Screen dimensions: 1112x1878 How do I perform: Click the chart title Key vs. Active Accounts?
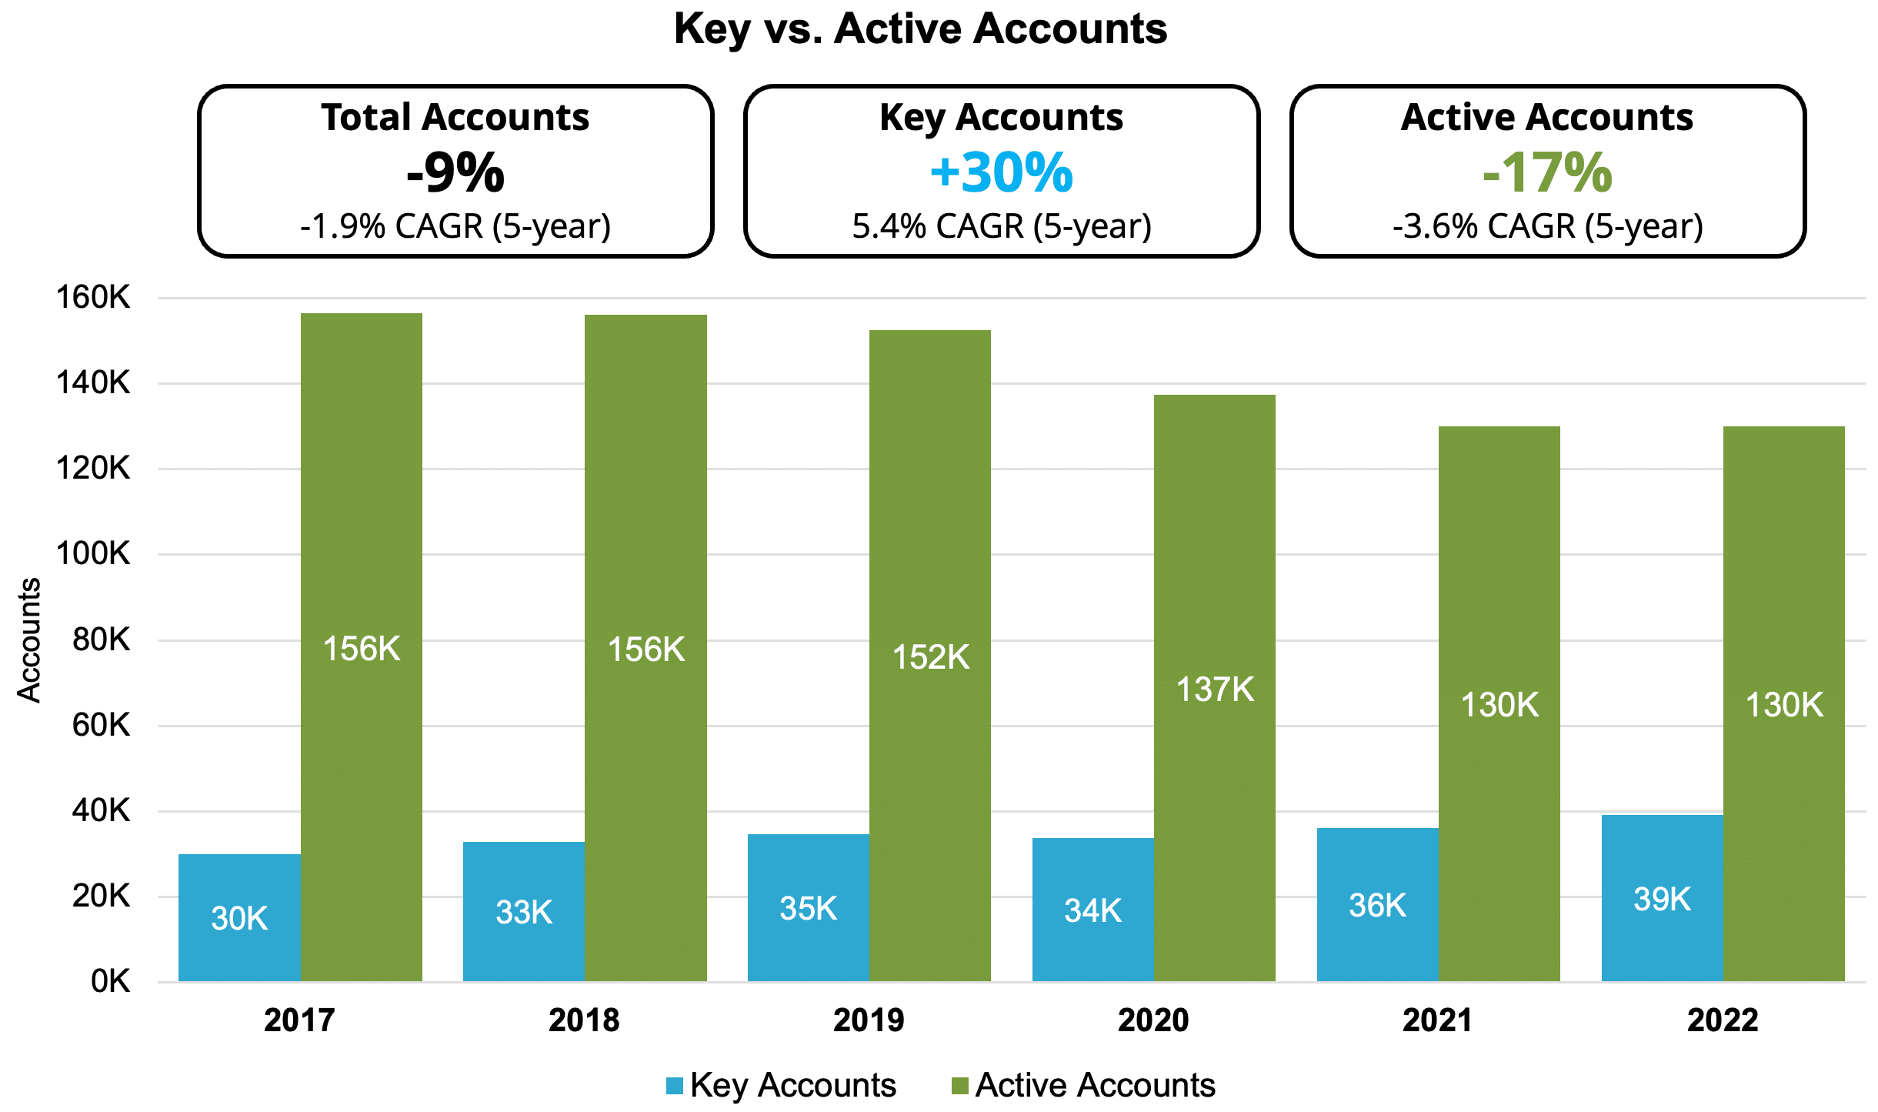point(920,29)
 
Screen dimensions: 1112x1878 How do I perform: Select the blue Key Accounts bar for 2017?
point(239,885)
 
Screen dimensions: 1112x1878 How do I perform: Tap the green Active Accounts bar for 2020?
point(1214,539)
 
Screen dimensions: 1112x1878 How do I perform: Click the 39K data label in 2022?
point(1662,899)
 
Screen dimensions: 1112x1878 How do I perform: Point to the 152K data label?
point(930,657)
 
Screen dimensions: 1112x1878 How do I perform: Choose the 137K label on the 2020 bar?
point(1215,690)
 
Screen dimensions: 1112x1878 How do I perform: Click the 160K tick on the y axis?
point(93,298)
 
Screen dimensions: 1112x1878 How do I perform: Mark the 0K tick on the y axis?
point(110,981)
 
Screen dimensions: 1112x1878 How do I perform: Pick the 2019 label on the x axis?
point(869,1020)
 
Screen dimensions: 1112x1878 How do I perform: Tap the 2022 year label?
point(1723,1020)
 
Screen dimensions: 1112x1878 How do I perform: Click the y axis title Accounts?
point(29,640)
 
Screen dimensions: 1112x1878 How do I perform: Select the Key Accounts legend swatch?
point(675,1086)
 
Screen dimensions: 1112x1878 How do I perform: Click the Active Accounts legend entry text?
point(1095,1085)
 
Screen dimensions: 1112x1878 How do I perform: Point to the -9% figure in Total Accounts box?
point(455,172)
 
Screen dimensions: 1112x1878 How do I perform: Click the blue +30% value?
point(1001,172)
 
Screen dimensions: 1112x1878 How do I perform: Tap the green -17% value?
point(1547,172)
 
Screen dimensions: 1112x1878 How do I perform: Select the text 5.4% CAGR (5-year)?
point(1001,226)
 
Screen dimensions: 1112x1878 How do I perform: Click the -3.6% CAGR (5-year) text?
point(1547,226)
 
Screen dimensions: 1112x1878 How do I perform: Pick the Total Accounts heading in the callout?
point(455,118)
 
